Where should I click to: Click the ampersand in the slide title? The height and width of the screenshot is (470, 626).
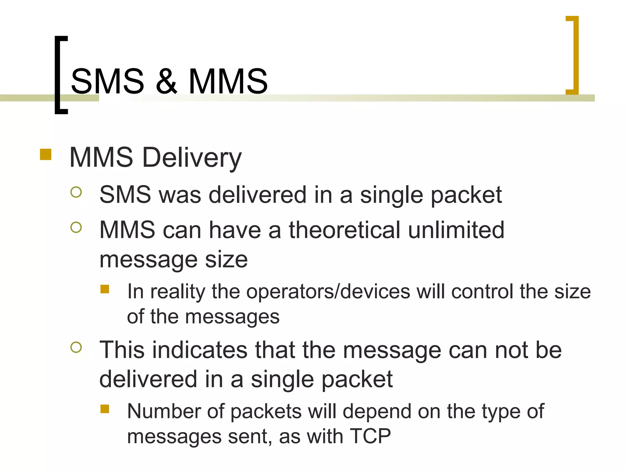[x=166, y=81]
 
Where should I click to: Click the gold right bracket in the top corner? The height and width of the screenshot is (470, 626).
[x=575, y=55]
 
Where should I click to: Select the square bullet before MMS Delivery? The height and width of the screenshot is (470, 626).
[x=46, y=155]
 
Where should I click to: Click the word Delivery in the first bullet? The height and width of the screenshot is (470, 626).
[x=192, y=158]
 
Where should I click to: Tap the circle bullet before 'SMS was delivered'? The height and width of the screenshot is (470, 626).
[x=76, y=192]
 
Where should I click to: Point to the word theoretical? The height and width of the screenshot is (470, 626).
[x=344, y=230]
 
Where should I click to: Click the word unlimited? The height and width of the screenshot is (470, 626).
[x=456, y=230]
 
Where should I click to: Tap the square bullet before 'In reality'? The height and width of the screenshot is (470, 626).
[x=105, y=289]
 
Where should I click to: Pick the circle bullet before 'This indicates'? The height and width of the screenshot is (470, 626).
[x=76, y=347]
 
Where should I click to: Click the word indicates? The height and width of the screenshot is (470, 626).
[x=200, y=350]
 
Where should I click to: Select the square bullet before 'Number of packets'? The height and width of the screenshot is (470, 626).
[x=105, y=409]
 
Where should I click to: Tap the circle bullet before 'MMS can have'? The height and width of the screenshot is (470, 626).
[x=76, y=227]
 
